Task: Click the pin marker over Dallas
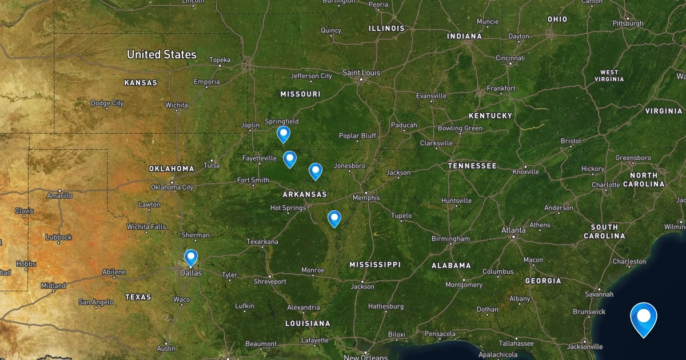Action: (190, 258)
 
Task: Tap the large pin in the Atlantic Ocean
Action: (644, 318)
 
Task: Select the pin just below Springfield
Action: (283, 134)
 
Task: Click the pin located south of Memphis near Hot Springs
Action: (334, 218)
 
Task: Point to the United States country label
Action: (161, 55)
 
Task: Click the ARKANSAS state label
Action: (305, 194)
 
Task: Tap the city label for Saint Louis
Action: (361, 73)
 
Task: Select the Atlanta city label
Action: (513, 230)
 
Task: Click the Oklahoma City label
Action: (171, 187)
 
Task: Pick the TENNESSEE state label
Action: (472, 166)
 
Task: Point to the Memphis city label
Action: (366, 198)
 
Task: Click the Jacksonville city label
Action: (585, 346)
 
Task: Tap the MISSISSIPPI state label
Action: (375, 265)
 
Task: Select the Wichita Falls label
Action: (146, 227)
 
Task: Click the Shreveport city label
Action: (270, 282)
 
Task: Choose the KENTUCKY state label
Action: (490, 115)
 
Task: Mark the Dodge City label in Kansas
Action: (107, 103)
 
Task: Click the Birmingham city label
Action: (450, 238)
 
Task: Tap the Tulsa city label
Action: (211, 166)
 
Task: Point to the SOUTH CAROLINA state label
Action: (604, 231)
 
